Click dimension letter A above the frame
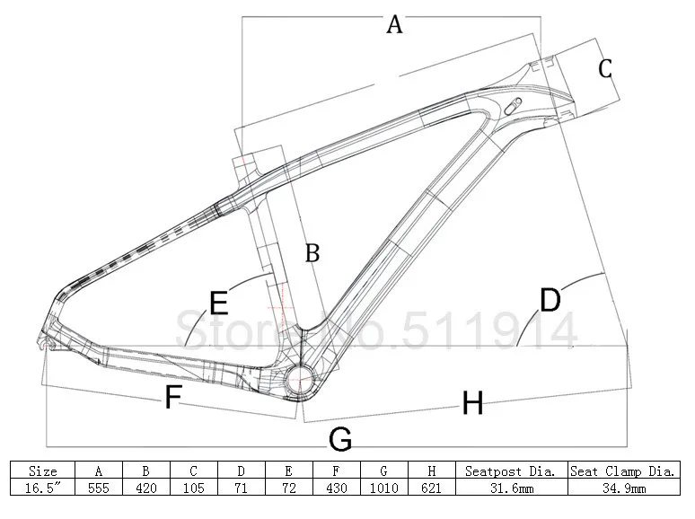394,24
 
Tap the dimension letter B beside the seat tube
312,253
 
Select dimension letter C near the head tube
605,67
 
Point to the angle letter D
550,300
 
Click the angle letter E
218,301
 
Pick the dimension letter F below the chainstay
173,397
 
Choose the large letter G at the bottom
339,439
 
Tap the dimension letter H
472,404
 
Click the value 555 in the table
98,487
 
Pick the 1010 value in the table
383,487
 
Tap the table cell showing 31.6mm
512,487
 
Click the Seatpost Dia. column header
512,470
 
